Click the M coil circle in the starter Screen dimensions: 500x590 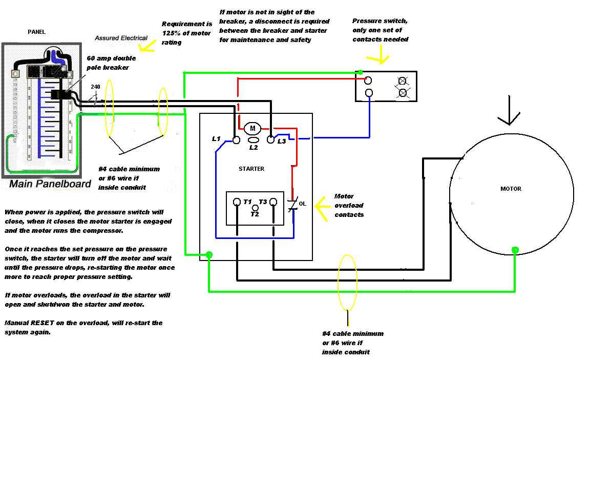point(252,128)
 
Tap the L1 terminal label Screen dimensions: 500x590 point(217,139)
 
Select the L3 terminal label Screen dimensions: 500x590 point(281,141)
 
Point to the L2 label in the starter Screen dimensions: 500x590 point(253,147)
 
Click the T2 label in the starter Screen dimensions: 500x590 point(255,214)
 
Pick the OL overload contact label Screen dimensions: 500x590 point(302,204)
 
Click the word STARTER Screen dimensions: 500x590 point(251,169)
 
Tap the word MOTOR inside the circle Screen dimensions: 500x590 point(511,189)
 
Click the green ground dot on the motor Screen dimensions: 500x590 point(515,250)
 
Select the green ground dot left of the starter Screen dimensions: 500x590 point(209,254)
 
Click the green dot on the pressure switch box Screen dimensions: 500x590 point(361,72)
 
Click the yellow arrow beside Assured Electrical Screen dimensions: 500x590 point(147,46)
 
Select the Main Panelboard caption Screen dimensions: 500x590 point(50,184)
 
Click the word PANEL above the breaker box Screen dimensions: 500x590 point(36,32)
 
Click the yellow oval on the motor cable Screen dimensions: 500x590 point(347,282)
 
